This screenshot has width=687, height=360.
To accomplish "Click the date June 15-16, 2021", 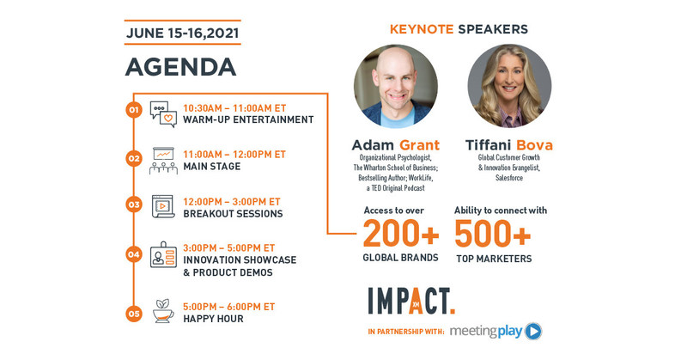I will [182, 33].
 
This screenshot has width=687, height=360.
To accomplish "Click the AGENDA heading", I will [181, 66].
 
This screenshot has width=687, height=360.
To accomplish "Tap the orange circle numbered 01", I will [133, 110].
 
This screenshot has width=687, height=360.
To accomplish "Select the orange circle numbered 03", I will [133, 204].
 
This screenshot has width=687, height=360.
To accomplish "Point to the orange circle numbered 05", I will [133, 314].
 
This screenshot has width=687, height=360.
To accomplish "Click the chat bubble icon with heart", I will [163, 113].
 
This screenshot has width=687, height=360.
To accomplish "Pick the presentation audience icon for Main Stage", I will [163, 160].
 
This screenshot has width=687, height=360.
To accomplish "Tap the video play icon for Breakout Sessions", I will [163, 206].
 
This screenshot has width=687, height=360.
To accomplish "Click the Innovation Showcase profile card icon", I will [163, 255].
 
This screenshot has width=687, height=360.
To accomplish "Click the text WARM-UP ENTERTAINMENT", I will [248, 120].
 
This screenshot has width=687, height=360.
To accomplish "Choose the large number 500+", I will [492, 233].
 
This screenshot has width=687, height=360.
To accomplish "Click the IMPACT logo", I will [411, 300].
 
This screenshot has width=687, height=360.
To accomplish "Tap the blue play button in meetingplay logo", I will [533, 331].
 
